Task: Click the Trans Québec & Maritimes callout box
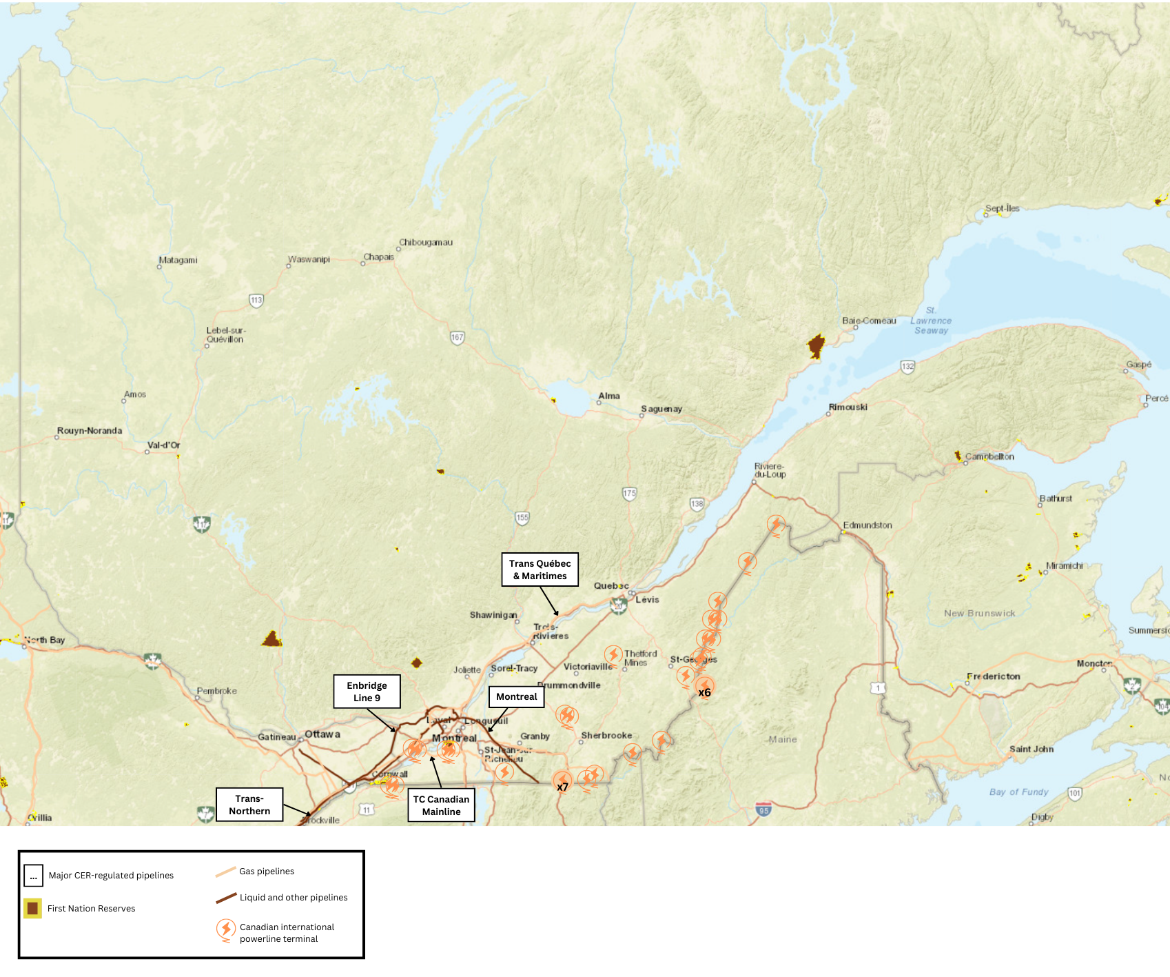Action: pos(540,570)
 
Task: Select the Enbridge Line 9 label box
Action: pos(367,692)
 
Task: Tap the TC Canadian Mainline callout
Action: pos(441,805)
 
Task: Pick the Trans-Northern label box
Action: pos(249,805)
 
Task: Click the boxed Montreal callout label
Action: pos(516,696)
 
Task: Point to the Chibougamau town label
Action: pos(426,243)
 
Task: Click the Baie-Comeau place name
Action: pos(869,321)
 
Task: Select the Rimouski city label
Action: pos(848,407)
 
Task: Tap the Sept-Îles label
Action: pos(1002,208)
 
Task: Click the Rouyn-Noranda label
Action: pos(90,430)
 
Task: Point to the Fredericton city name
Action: pos(993,676)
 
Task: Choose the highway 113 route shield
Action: pos(256,300)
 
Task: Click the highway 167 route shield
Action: pos(458,337)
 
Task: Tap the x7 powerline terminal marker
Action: pos(563,784)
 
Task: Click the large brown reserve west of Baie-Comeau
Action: pos(816,345)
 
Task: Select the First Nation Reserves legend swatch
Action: pos(32,908)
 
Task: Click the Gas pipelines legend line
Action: pos(225,872)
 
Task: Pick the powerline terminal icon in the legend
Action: pos(225,930)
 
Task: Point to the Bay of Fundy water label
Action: pos(1018,792)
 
